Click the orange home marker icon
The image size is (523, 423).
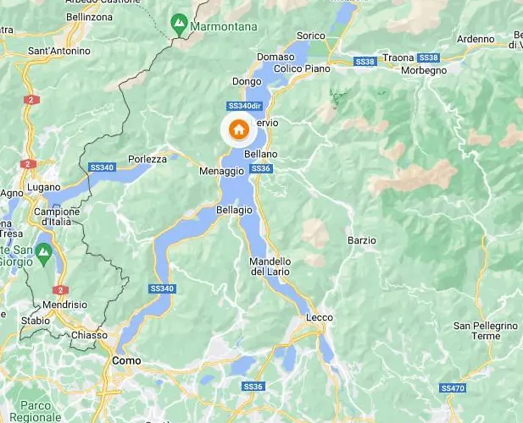239,130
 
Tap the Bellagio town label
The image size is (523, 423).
235,209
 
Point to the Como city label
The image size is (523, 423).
124,360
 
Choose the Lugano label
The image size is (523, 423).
43,186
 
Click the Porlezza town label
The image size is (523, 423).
147,158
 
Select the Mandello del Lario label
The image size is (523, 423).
270,266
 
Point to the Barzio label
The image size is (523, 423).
361,240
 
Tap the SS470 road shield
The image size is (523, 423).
453,387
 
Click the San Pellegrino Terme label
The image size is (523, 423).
485,331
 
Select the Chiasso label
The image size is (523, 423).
89,335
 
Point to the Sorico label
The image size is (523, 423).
311,36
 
